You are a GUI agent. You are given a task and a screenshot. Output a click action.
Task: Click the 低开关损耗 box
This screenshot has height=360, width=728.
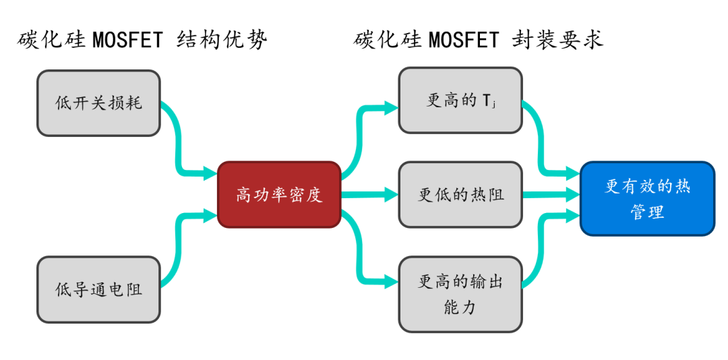98,103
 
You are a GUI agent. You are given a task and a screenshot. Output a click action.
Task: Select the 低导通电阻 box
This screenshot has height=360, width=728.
98,289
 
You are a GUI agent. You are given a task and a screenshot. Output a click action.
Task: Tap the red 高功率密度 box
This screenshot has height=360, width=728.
278,195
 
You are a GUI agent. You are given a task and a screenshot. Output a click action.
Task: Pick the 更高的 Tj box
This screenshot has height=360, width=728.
460,100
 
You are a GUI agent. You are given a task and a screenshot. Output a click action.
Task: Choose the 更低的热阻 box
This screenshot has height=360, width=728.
460,195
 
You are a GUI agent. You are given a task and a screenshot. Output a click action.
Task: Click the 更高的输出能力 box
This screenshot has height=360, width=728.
460,294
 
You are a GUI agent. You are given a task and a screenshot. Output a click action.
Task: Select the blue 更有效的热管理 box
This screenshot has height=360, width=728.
646,198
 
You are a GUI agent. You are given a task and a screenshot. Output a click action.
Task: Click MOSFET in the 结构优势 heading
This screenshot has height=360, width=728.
128,40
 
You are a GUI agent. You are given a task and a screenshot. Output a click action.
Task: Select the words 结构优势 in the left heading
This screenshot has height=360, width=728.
222,40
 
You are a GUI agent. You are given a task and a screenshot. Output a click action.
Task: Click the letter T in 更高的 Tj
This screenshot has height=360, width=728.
487,101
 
